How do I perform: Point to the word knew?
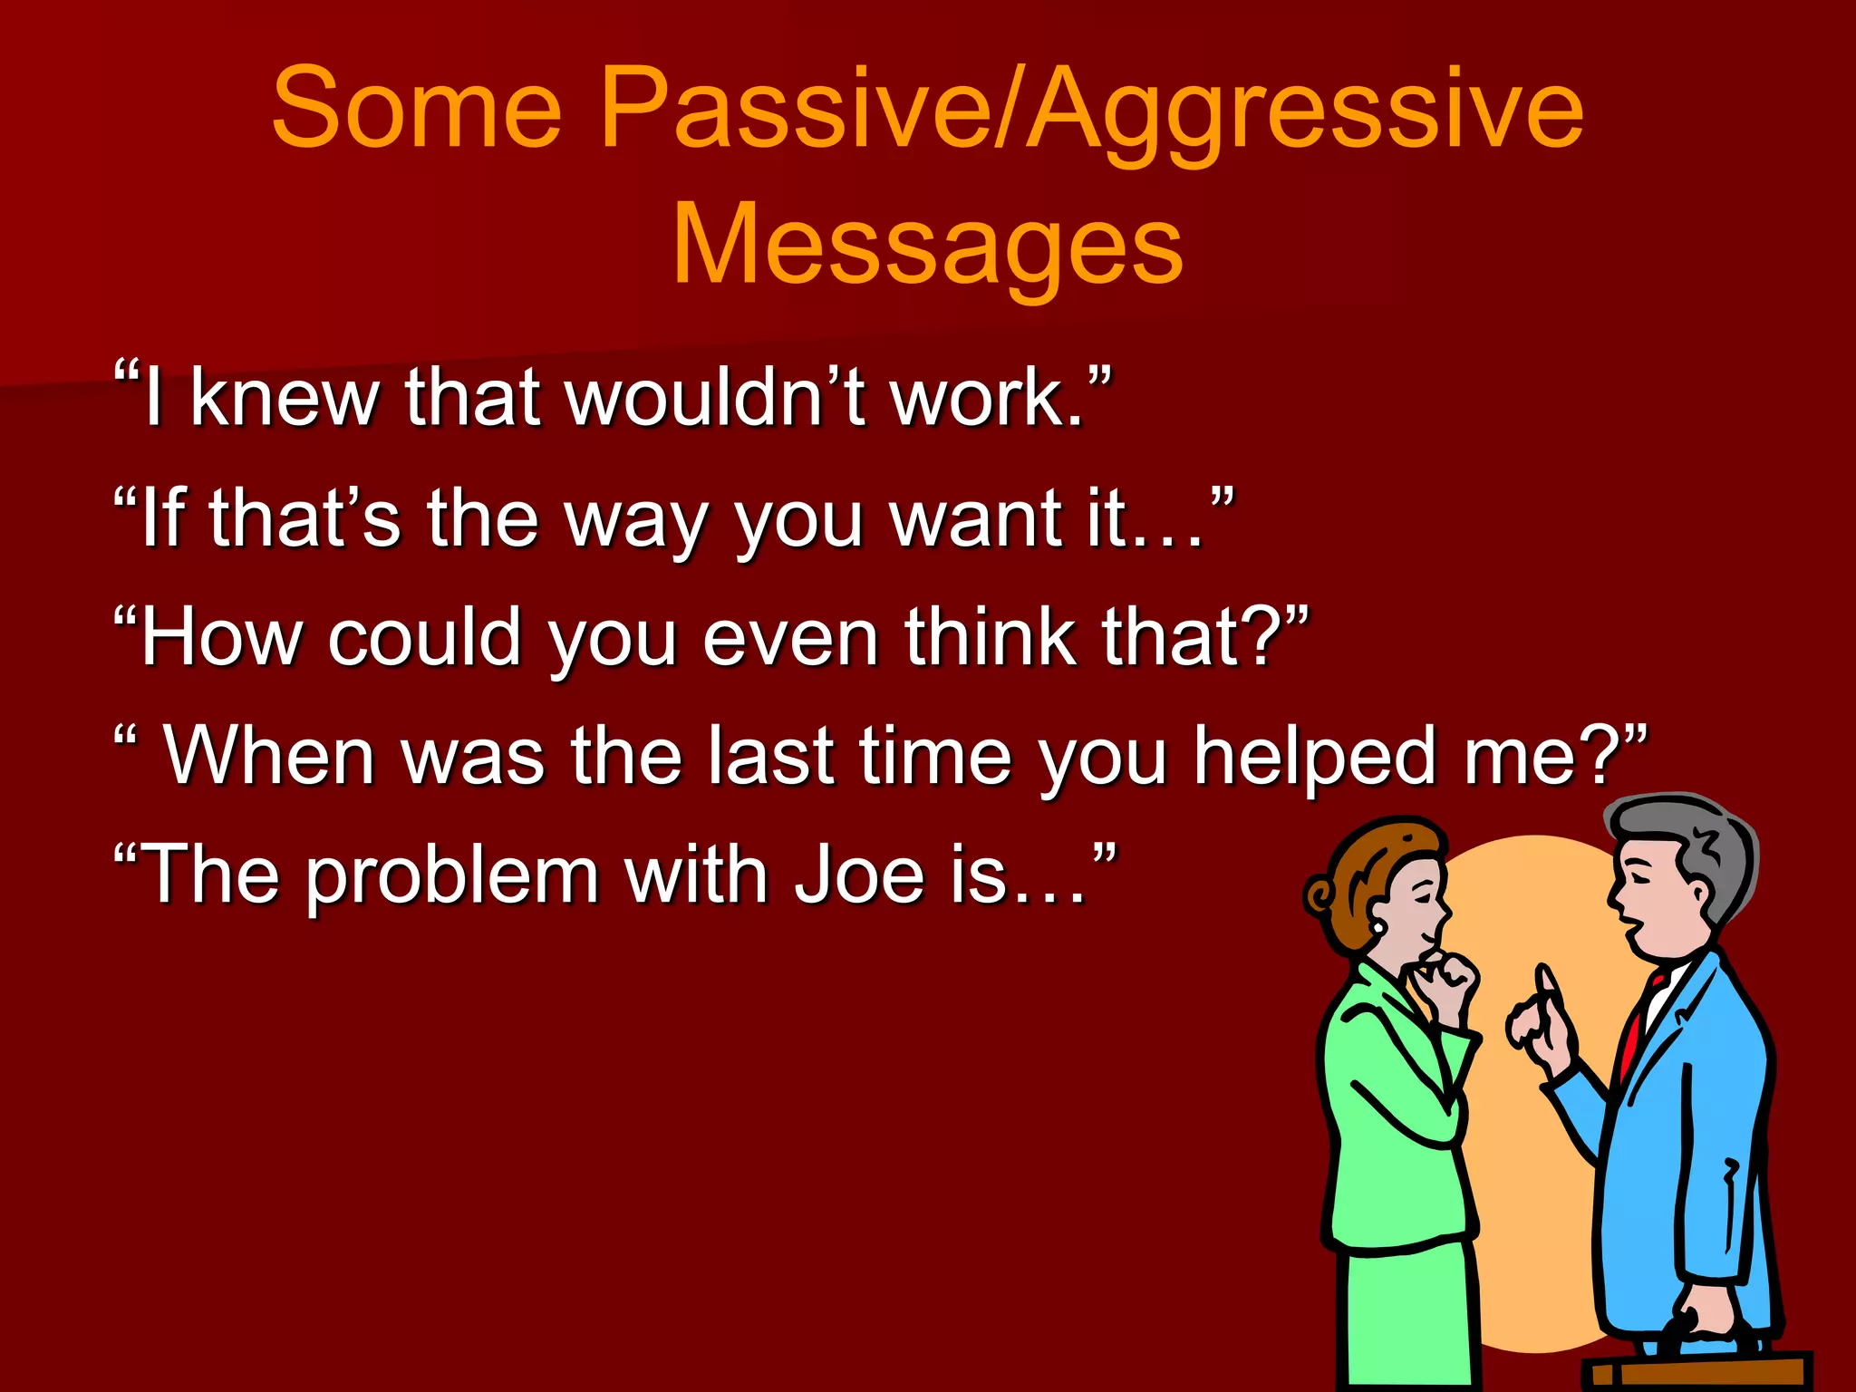285,399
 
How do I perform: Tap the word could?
424,638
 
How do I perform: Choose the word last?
770,757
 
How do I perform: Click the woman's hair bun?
1319,897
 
